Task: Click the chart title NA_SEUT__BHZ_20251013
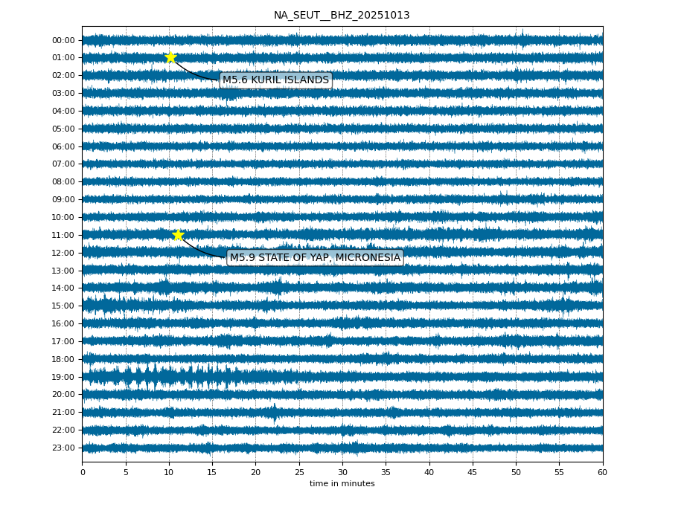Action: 342,16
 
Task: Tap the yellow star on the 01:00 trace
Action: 170,57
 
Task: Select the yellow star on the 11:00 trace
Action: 178,235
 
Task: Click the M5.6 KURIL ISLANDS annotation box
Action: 275,80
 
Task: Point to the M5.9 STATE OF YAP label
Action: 315,258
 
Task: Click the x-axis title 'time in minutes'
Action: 342,484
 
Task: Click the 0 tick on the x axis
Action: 83,472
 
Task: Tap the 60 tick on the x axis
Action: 602,472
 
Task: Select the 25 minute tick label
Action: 299,472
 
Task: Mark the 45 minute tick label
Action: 473,472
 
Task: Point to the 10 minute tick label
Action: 169,472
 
